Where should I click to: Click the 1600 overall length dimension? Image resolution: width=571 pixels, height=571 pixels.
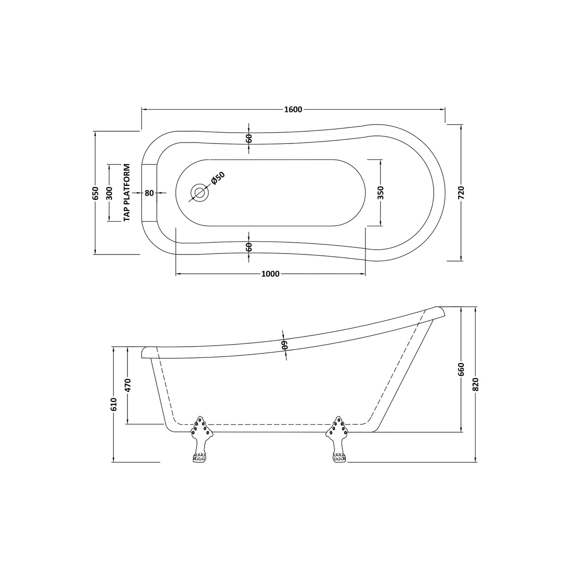(x=293, y=110)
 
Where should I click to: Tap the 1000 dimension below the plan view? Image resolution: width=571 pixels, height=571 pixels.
(x=270, y=274)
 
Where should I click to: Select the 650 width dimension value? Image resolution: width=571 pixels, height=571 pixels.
(x=95, y=193)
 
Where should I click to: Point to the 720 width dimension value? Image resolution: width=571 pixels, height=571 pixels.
(x=461, y=193)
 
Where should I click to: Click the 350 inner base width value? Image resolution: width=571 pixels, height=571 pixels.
(x=381, y=192)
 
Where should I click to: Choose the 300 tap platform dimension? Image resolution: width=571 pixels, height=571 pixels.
(x=109, y=193)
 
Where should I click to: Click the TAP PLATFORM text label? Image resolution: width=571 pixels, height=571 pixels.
(x=127, y=192)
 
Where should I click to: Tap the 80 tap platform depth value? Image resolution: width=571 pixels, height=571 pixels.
(x=149, y=193)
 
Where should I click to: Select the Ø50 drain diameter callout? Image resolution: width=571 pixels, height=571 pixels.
(x=218, y=178)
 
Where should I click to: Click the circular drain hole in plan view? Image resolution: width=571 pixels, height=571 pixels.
(x=200, y=192)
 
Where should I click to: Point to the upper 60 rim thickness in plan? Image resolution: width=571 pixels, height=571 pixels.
(x=249, y=138)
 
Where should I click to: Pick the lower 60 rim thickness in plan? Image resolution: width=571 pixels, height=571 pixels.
(x=249, y=247)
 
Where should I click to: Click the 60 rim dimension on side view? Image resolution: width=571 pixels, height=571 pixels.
(x=285, y=346)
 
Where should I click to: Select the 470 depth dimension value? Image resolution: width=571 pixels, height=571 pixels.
(x=128, y=385)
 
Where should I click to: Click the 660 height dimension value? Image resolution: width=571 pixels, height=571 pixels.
(x=461, y=378)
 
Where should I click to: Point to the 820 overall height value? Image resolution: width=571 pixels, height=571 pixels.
(x=476, y=385)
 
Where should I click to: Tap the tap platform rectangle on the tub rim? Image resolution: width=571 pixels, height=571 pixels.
(x=149, y=193)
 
